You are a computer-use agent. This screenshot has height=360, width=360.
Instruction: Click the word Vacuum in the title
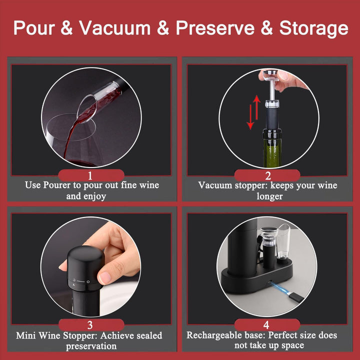[115, 28]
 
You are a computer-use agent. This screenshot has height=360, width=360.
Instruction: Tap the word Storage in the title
[313, 28]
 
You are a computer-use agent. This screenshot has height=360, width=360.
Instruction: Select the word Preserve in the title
[215, 28]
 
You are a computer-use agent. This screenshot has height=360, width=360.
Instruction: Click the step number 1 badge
[91, 175]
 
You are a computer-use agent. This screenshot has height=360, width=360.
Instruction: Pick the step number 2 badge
[267, 175]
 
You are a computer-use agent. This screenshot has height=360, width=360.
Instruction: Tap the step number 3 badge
[91, 325]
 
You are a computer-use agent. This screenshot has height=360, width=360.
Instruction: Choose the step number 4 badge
[267, 325]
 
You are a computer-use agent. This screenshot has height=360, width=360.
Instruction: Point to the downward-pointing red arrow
[250, 117]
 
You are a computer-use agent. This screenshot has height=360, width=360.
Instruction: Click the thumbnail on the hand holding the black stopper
[105, 277]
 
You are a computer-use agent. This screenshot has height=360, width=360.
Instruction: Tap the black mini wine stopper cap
[85, 268]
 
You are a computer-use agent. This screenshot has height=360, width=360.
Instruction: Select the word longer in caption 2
[269, 196]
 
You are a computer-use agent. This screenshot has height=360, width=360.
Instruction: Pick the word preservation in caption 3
[91, 346]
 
